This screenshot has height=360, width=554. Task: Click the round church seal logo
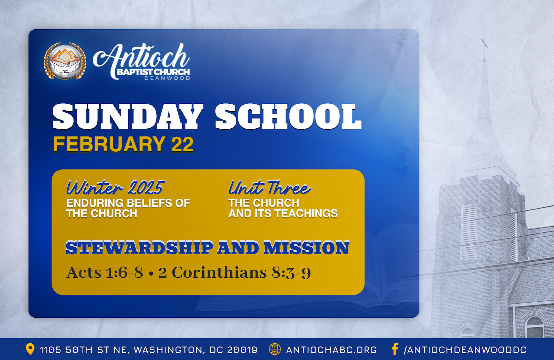click(65, 61)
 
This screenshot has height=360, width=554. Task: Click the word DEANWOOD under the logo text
click(167, 78)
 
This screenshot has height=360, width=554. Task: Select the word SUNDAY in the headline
click(128, 116)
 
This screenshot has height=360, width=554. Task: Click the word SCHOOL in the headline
click(288, 116)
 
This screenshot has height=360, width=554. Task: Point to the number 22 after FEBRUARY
click(182, 144)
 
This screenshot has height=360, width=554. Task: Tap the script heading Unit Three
click(270, 188)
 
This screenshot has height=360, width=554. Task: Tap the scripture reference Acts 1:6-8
click(105, 273)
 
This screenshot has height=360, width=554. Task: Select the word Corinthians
click(219, 273)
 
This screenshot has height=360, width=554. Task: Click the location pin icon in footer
click(30, 349)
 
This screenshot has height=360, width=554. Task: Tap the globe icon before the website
click(275, 349)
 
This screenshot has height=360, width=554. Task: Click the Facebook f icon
click(395, 349)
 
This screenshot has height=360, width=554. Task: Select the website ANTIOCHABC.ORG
click(331, 350)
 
